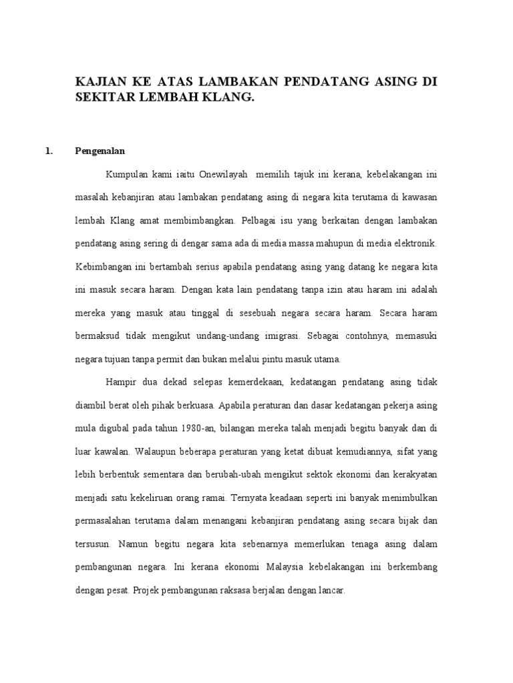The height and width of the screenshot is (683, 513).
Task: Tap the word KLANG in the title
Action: tap(229, 97)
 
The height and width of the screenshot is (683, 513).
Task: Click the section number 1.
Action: tap(48, 151)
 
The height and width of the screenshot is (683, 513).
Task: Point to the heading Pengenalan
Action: tap(101, 151)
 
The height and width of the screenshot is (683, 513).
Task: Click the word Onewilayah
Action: tap(224, 174)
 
